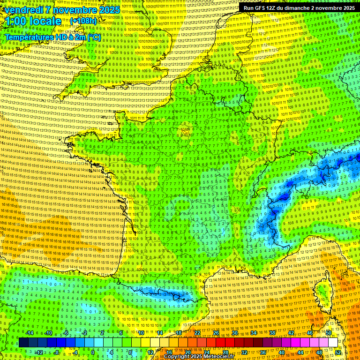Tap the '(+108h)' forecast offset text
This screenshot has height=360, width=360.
point(83,21)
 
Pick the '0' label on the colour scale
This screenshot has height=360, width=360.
point(93,352)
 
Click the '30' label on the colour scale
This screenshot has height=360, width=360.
point(235,333)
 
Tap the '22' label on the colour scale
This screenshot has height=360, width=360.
point(197,333)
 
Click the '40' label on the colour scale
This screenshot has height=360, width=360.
point(281,352)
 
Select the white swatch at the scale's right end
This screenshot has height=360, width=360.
point(333,343)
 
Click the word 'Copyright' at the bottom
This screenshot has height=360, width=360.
point(177,357)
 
